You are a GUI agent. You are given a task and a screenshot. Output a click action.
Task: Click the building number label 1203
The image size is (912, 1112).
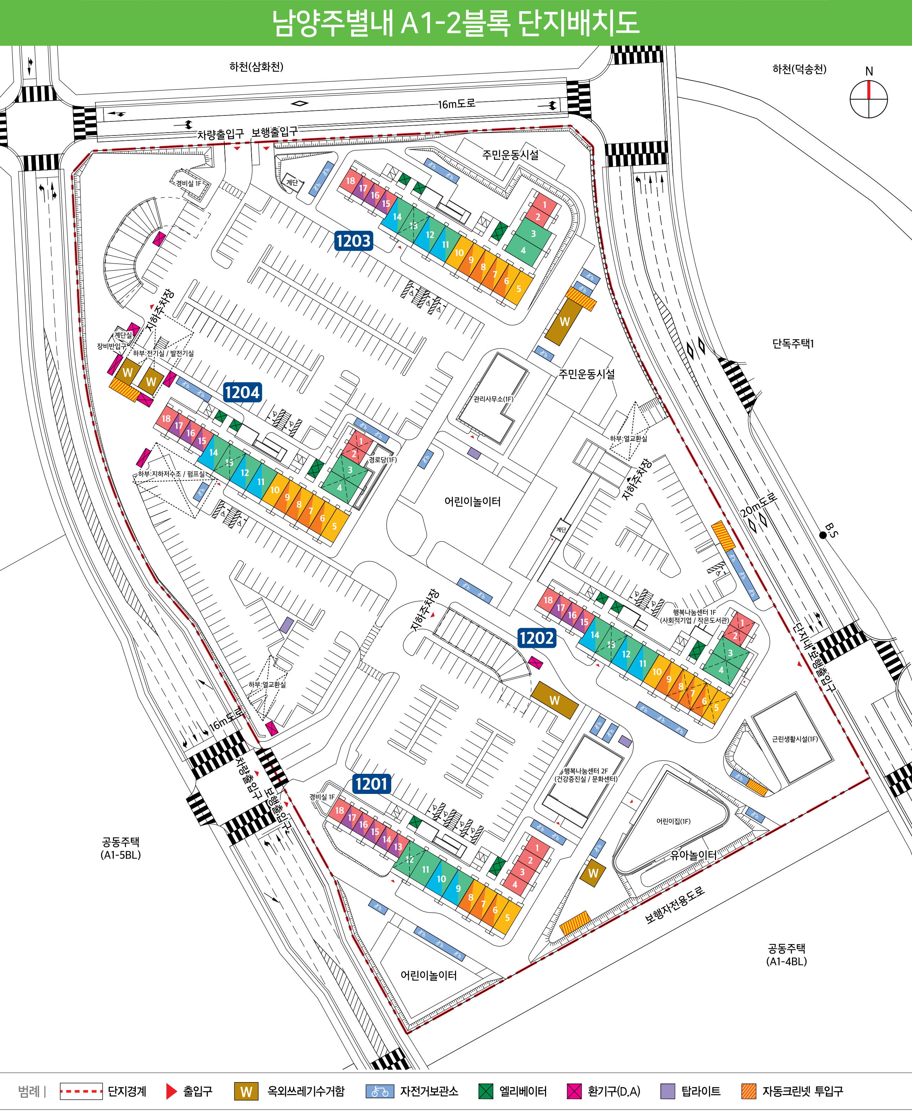pos(354,241)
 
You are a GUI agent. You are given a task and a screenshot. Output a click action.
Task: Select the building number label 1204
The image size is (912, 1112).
pos(242,392)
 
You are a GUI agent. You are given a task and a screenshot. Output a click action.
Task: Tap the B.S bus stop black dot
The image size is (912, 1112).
pos(823,535)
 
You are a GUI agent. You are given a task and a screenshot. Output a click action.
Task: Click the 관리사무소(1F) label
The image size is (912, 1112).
pos(493,399)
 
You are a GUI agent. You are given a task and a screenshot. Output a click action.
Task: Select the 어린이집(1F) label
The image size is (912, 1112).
pos(673,821)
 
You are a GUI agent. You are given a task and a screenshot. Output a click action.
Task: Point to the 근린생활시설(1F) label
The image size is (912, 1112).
pos(794,739)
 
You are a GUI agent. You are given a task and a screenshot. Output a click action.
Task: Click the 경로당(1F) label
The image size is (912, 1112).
pos(382,460)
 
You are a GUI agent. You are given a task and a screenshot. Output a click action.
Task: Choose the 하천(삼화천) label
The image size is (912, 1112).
pos(256,67)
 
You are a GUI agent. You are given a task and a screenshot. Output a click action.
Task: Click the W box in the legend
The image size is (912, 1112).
pos(246,1092)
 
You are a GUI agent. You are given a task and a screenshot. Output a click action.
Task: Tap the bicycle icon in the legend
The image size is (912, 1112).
pos(380,1092)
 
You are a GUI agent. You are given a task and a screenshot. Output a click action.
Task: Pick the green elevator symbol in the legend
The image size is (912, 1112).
pos(486,1092)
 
